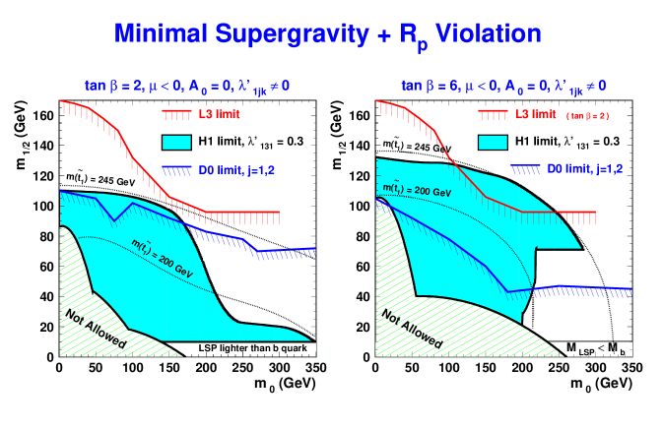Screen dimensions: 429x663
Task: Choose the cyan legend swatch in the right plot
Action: pos(493,142)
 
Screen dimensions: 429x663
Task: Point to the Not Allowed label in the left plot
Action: pos(96,329)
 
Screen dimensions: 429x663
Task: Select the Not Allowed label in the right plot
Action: pos(412,329)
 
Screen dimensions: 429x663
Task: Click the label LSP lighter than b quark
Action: pos(254,348)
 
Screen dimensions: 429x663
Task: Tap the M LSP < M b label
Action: pos(595,349)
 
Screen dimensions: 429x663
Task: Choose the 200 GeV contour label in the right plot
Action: pos(417,187)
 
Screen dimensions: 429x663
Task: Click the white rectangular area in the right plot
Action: pos(560,295)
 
